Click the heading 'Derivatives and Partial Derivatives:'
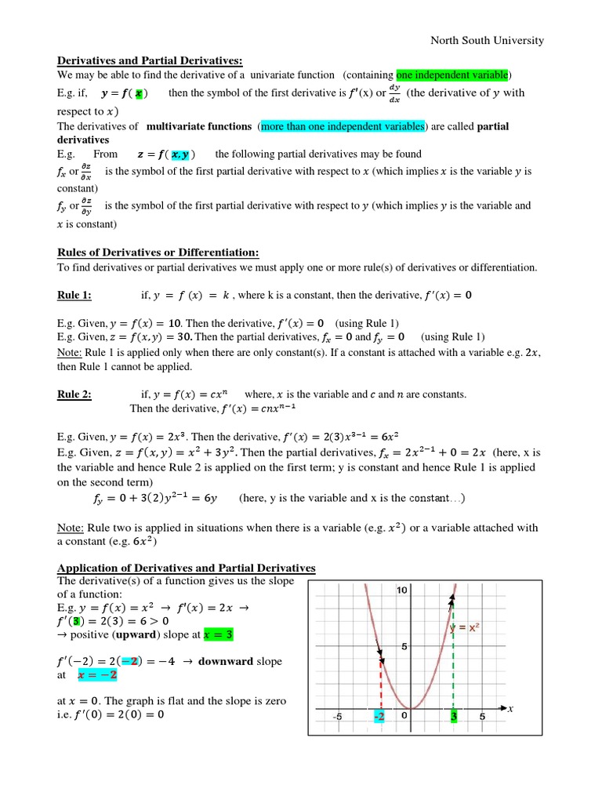150,60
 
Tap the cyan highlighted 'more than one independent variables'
343,125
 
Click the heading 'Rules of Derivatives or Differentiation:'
158,252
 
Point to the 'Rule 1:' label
74,295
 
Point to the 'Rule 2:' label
74,394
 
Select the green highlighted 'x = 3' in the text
218,634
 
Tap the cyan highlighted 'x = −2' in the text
98,674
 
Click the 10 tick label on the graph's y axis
403,590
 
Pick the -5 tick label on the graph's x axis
336,716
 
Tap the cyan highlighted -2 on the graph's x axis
379,716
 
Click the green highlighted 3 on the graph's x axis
454,716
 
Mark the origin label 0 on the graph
404,716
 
